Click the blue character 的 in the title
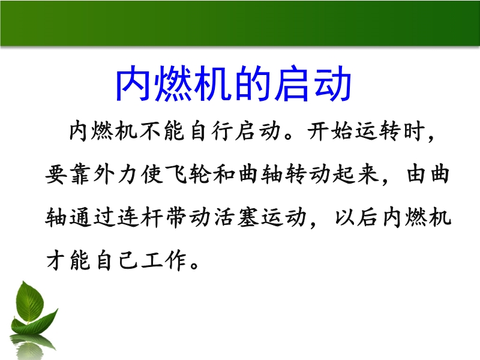(253, 83)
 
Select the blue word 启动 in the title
(313, 83)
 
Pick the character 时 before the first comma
(413, 131)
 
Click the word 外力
(115, 175)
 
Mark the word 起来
(355, 175)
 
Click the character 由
(416, 175)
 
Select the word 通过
(91, 217)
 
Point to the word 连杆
(139, 217)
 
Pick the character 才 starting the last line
(56, 261)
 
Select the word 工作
(163, 261)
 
